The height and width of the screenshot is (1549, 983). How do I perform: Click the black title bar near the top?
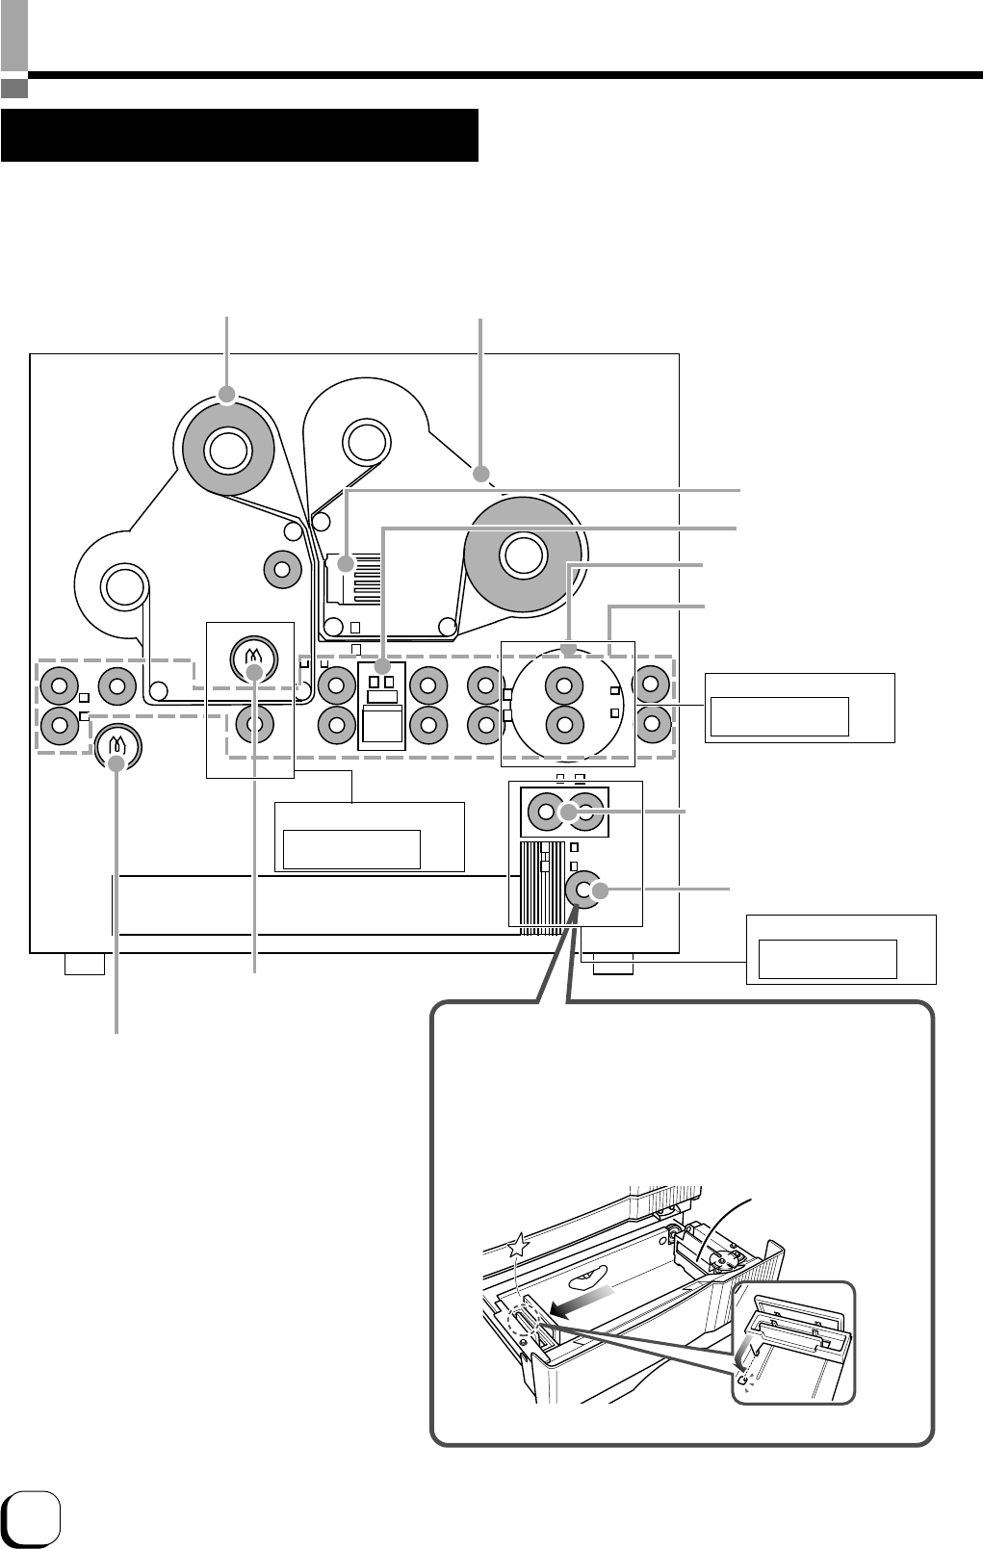pos(240,136)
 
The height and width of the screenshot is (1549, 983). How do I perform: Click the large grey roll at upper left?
pos(227,449)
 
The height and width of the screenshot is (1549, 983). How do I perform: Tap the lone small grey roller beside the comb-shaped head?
pos(281,569)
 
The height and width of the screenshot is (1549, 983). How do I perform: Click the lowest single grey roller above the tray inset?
pos(582,891)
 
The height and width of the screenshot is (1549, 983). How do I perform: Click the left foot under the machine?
pos(84,964)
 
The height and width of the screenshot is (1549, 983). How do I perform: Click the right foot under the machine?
pos(613,964)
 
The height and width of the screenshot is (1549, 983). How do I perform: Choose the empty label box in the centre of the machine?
pos(351,849)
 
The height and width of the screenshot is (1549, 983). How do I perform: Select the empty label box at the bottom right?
pos(828,959)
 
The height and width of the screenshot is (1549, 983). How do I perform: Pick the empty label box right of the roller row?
pos(780,716)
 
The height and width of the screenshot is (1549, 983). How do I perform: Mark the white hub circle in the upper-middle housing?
pos(367,441)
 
